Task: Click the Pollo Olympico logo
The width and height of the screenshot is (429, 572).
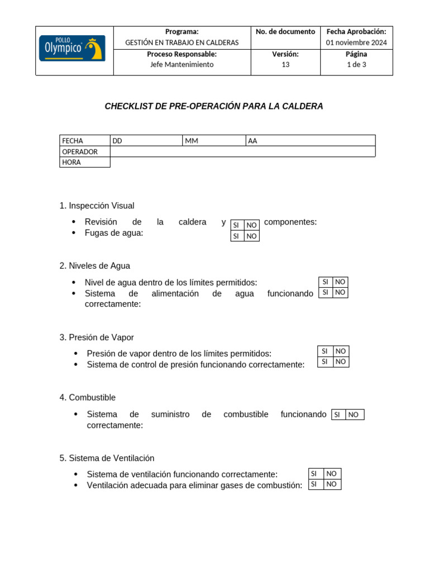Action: (x=71, y=49)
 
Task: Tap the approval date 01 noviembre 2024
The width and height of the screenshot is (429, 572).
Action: (x=356, y=42)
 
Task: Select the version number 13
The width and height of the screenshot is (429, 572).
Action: (x=285, y=65)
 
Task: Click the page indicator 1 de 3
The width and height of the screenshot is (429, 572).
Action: (x=356, y=65)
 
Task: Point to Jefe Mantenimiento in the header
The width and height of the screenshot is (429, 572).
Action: (x=182, y=65)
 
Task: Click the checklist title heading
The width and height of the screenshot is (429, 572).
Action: (x=214, y=106)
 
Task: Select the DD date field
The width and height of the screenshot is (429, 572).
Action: (x=146, y=141)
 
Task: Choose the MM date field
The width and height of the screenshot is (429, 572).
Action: (x=214, y=141)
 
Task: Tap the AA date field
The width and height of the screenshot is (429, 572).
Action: (x=310, y=141)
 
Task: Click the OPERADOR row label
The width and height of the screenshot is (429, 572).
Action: (x=80, y=151)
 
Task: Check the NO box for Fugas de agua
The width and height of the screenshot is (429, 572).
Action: (x=252, y=236)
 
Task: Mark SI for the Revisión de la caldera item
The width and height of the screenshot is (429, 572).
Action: (x=237, y=225)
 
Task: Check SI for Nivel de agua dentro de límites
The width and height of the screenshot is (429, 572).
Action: (x=326, y=282)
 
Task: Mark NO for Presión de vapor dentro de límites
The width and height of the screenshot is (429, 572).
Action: (x=341, y=351)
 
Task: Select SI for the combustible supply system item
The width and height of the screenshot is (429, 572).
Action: (x=338, y=414)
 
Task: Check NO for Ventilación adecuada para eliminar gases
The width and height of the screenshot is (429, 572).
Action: (x=332, y=484)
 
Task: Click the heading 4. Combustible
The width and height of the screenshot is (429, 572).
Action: (x=88, y=398)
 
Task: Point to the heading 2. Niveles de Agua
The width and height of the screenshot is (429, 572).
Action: (x=95, y=266)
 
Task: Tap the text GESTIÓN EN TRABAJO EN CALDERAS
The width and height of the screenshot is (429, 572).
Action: (x=182, y=42)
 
